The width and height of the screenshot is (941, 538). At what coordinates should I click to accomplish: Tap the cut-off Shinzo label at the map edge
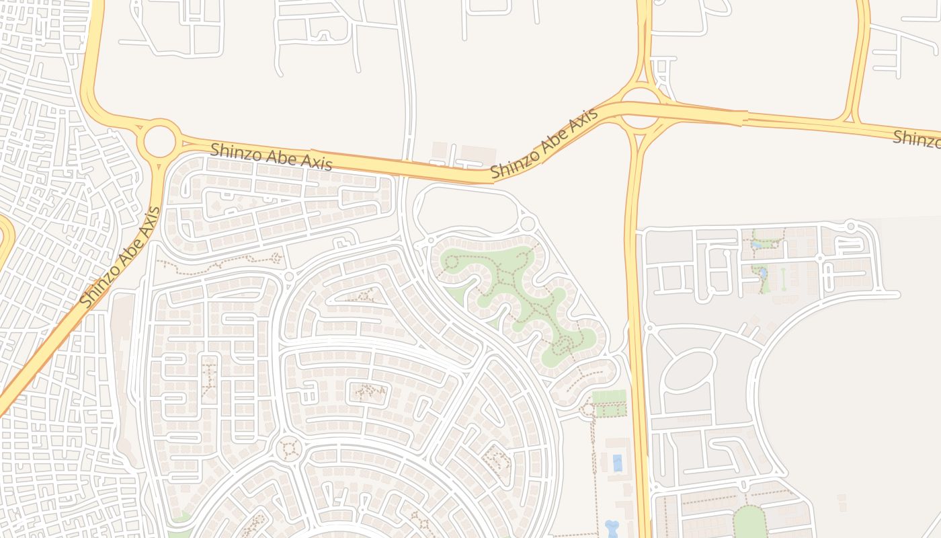916,139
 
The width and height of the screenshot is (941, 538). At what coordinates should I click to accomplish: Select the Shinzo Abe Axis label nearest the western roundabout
271,157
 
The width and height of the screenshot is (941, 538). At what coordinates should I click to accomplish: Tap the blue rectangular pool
617,463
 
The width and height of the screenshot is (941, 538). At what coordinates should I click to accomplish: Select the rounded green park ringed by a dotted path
749,522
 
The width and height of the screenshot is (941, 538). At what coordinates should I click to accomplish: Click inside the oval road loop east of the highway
689,370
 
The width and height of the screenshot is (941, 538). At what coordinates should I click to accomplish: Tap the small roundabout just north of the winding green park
528,223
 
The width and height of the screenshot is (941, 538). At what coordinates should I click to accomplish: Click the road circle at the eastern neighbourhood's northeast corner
851,226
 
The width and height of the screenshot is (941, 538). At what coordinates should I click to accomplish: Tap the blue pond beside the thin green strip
762,274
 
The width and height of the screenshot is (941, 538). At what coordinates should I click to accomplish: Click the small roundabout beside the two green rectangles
588,408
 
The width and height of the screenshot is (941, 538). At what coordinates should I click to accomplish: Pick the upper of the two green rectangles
609,395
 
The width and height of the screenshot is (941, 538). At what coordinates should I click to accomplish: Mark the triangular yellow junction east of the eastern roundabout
849,119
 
